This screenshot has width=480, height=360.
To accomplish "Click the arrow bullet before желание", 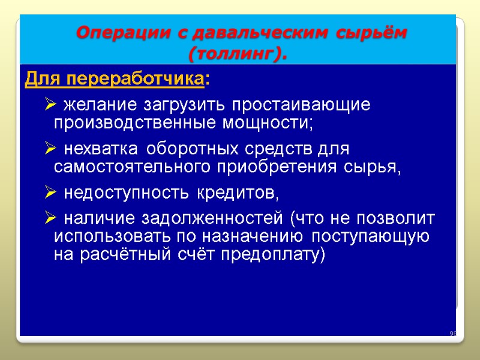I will point(50,106).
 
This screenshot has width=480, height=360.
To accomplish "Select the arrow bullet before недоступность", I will point(50,193).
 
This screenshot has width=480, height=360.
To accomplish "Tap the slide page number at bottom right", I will point(453,334).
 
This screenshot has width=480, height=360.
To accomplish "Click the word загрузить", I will point(184,105).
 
